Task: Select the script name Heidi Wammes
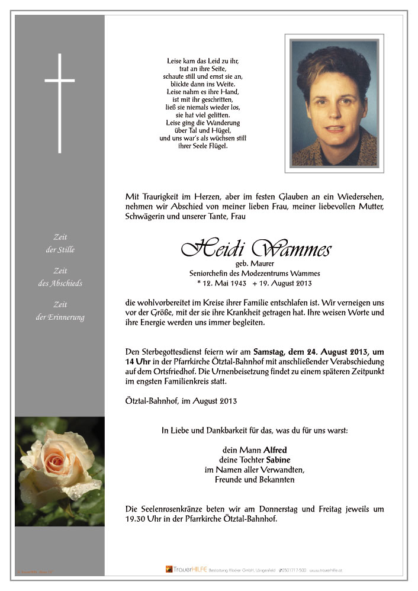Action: click(256, 249)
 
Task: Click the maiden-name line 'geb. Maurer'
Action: click(255, 264)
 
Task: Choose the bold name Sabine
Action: click(278, 460)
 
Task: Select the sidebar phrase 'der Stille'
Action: click(60, 250)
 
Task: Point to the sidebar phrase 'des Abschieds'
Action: click(60, 284)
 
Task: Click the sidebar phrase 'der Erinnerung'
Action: click(60, 317)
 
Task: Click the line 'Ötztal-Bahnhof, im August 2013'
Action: click(181, 401)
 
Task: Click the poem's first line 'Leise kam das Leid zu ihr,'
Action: click(203, 61)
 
